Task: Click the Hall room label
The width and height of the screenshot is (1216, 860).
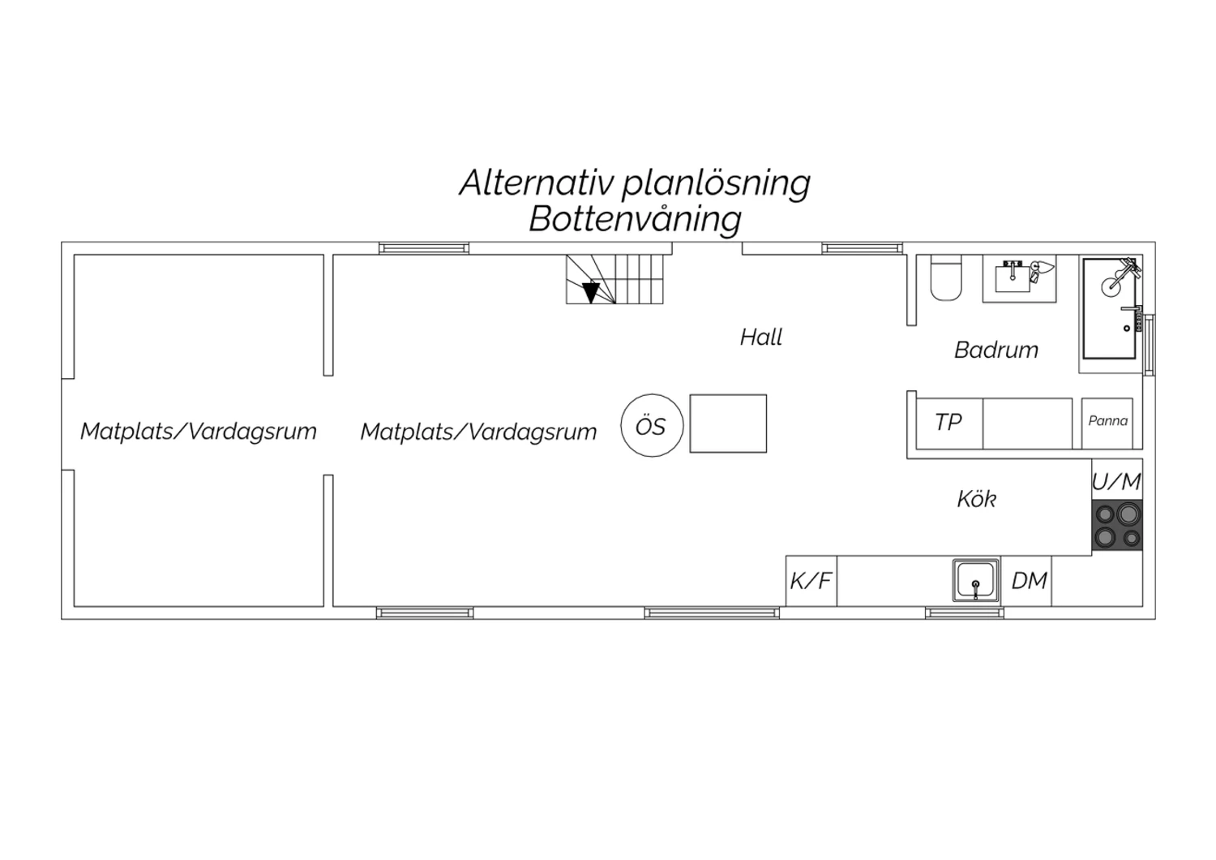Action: pos(761,338)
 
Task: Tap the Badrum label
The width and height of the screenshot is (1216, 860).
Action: pos(996,350)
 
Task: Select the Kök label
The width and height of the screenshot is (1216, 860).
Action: pos(977,499)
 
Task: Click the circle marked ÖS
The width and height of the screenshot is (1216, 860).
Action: pos(652,425)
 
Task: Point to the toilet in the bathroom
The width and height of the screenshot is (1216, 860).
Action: pos(946,278)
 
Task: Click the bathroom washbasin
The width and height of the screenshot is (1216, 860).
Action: pos(1013,277)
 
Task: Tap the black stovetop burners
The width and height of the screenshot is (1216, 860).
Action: pos(1117,525)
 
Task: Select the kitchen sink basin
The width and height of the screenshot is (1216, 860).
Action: pos(975,581)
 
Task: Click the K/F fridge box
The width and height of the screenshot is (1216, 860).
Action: pos(811,581)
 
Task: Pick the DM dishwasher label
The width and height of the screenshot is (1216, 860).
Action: pos(1030,581)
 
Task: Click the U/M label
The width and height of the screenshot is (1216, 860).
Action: pos(1116,481)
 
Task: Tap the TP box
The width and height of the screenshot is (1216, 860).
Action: pos(949,424)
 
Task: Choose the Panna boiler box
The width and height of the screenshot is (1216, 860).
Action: pos(1107,424)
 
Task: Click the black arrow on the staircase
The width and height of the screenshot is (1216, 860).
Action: pos(591,293)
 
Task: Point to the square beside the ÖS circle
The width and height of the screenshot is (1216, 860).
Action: pos(728,424)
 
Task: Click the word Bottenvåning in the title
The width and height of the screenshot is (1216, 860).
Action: pos(635,220)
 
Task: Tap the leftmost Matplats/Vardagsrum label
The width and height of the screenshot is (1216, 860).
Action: pos(198,432)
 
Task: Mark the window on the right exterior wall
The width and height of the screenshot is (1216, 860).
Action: pos(1150,345)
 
